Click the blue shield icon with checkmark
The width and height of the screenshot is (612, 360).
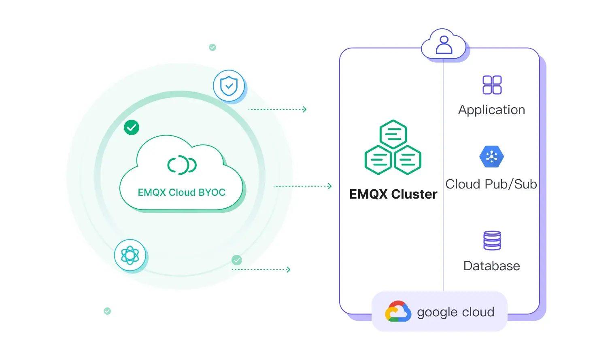click(229, 86)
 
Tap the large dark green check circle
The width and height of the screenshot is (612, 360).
click(132, 127)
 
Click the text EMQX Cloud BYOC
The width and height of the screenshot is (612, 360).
click(181, 193)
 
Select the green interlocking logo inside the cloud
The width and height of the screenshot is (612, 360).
click(182, 165)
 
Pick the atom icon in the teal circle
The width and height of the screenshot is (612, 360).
click(130, 255)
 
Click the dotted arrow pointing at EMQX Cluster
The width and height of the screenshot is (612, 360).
click(303, 186)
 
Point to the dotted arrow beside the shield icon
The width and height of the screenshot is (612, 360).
click(278, 109)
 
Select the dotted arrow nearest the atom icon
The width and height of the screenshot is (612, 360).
click(261, 269)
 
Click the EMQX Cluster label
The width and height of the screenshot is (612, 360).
click(393, 195)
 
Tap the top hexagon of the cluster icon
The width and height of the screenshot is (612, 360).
click(393, 134)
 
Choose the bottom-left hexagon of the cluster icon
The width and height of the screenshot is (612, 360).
click(378, 160)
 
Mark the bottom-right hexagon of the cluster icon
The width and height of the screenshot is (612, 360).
click(408, 160)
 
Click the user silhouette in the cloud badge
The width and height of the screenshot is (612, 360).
click(444, 45)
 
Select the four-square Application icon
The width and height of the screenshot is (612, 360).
click(492, 85)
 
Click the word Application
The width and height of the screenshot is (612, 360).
click(491, 110)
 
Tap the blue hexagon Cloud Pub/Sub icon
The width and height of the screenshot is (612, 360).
click(491, 157)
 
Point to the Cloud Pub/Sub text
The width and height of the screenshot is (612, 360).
click(491, 184)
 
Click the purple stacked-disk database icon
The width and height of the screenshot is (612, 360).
click(492, 241)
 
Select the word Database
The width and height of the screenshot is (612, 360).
click(491, 266)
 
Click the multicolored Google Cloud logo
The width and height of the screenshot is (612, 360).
click(398, 311)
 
